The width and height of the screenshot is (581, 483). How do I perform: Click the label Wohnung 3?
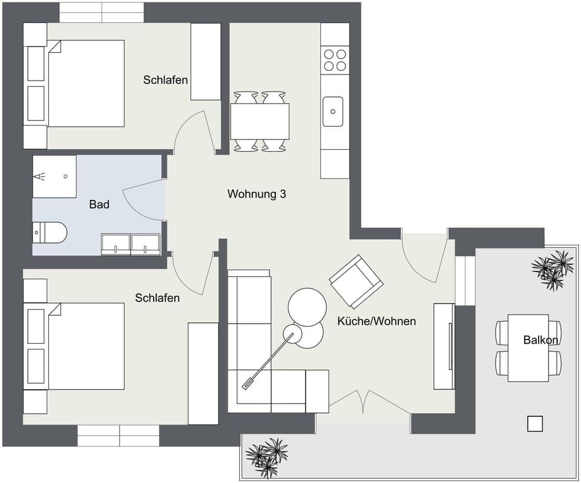(256, 195)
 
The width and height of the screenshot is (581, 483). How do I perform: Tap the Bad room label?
(99, 205)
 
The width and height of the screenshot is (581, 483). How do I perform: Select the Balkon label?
(540, 340)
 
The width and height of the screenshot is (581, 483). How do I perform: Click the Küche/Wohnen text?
(376, 321)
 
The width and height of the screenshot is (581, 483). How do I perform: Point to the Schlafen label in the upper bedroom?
(165, 80)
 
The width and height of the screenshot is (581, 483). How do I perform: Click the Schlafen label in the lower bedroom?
(157, 298)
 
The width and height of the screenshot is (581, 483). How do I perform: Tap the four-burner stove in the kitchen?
(335, 60)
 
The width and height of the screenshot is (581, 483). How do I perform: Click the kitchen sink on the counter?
(333, 112)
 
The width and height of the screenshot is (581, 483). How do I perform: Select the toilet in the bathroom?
(50, 232)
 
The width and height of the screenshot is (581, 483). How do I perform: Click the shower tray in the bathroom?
(54, 176)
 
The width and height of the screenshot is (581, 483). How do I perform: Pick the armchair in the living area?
(356, 281)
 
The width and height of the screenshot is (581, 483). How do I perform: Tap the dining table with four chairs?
(260, 121)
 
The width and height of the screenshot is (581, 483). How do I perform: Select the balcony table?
(528, 348)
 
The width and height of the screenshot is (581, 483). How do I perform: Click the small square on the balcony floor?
(535, 424)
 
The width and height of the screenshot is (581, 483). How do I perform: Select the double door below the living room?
(363, 402)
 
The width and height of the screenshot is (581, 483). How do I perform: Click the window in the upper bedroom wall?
(102, 12)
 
